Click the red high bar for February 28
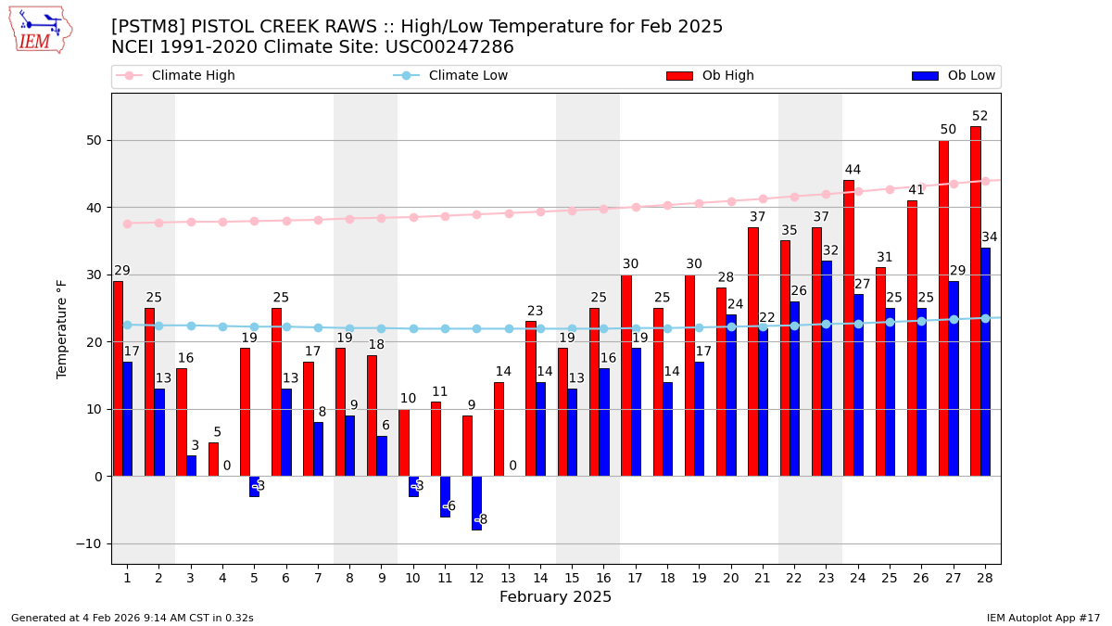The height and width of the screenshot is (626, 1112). tap(975, 301)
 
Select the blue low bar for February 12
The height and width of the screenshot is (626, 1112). tap(476, 503)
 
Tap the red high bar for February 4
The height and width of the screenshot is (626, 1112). tap(213, 459)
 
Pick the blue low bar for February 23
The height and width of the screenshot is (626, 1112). tap(826, 368)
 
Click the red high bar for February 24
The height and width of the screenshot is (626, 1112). tap(849, 328)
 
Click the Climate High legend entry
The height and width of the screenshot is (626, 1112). tap(193, 76)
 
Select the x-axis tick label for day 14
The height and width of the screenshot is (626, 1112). tap(540, 578)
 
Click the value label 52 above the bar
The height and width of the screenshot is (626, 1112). tap(979, 117)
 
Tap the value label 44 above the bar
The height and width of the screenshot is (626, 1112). tap(853, 171)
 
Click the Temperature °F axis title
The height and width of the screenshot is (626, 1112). tap(63, 328)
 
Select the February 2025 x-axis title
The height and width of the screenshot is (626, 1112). tap(555, 597)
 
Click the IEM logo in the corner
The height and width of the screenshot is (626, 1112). tap(40, 30)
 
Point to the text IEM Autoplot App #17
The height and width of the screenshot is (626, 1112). tap(1043, 618)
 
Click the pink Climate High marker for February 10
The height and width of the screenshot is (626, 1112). tap(413, 217)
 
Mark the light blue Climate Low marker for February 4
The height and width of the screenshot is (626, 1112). tap(222, 326)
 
